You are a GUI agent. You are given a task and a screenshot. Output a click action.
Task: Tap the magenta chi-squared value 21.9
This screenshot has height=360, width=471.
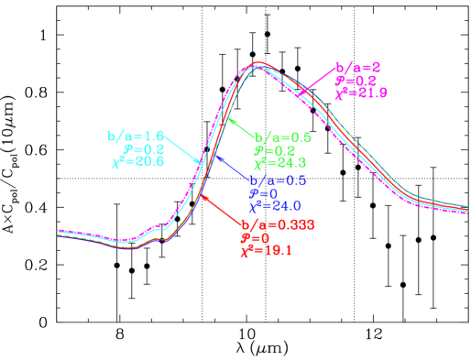click(361, 93)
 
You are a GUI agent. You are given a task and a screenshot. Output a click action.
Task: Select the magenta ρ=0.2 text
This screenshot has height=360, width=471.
click(351, 80)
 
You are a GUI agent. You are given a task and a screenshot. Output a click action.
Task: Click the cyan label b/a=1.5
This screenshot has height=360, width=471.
click(135, 136)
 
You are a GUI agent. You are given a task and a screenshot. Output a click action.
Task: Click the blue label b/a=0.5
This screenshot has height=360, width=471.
click(279, 181)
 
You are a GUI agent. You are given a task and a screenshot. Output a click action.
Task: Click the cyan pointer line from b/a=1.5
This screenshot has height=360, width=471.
click(182, 149)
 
